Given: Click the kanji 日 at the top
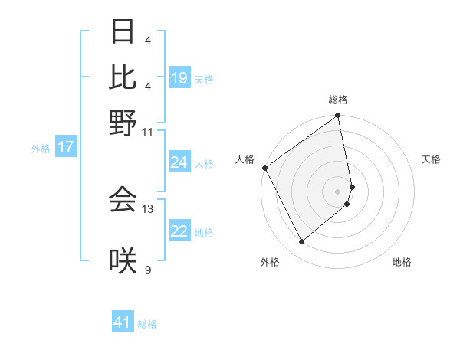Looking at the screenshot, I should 123,33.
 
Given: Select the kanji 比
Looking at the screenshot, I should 123,77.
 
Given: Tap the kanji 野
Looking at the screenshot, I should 123,122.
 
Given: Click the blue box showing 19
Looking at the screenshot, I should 179,78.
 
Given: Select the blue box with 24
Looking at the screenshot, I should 179,162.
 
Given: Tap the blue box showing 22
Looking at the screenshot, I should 179,231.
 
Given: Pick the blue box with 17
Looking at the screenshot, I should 65,147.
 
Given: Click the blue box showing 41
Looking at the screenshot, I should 123,322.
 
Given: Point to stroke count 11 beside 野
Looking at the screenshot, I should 148,132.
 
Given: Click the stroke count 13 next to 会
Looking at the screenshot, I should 148,208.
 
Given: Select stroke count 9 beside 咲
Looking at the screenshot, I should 148,270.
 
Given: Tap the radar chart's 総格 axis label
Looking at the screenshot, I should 338,100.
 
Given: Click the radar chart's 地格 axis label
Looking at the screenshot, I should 402,262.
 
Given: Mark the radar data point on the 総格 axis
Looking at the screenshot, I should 338,116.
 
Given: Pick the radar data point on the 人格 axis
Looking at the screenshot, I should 264,168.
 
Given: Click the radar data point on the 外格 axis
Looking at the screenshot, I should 302,242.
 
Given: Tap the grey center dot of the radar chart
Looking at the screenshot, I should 338,191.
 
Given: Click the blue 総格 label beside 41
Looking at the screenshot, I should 147,324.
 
